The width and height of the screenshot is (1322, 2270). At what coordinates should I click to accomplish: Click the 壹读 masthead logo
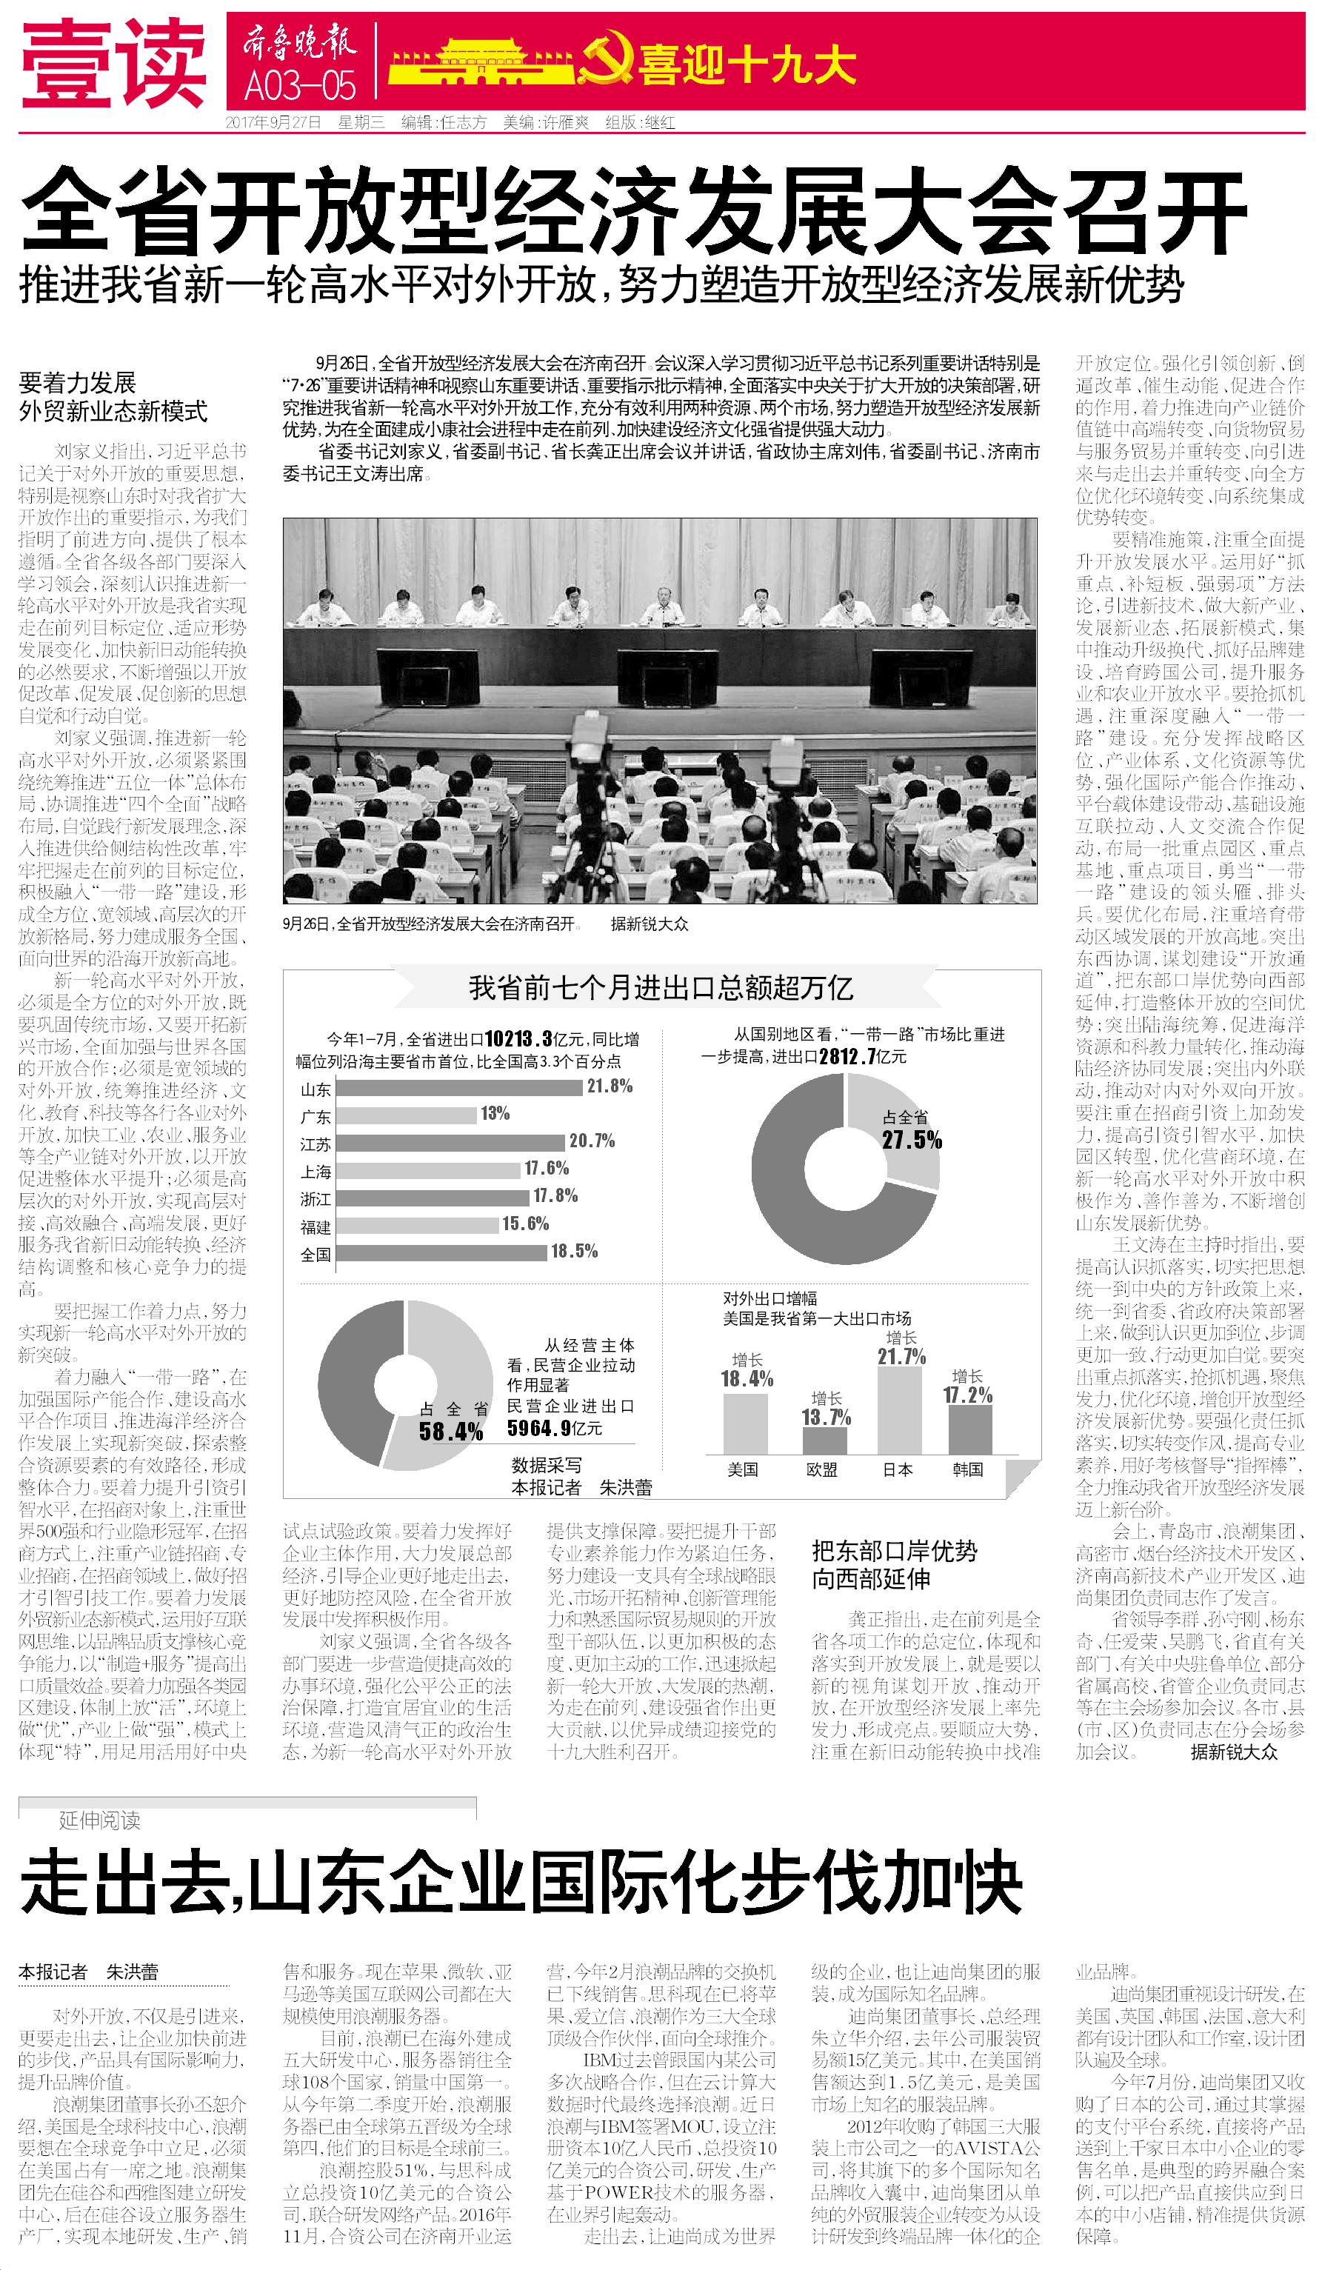113,63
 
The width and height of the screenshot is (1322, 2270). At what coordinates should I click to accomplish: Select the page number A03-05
301,87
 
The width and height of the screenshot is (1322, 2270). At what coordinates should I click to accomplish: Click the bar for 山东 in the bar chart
458,1088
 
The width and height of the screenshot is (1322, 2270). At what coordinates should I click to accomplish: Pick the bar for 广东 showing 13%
406,1115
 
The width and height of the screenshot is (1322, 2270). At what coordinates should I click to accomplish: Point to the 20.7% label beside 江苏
592,1141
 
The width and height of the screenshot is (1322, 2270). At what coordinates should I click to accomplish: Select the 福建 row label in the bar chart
316,1227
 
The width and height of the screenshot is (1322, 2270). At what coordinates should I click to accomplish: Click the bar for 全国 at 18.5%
441,1252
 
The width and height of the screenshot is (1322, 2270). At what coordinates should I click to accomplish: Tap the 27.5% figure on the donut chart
912,1141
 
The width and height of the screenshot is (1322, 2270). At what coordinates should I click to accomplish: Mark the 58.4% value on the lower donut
450,1432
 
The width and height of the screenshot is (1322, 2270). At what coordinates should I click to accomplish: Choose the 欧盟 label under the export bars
821,1469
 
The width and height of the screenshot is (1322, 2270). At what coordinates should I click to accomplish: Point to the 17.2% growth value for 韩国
967,1395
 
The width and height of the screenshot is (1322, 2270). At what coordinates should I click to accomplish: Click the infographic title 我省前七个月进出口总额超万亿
660,988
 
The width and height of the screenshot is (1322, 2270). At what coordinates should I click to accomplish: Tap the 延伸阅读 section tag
99,1820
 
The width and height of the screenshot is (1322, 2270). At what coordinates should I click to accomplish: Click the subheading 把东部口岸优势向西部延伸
894,1565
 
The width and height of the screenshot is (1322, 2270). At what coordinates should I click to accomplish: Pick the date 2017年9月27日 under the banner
273,122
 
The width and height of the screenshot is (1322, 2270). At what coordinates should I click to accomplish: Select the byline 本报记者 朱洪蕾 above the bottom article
88,1972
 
